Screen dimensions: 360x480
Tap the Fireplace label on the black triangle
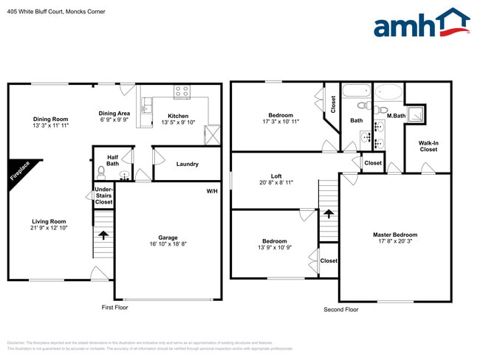click(20, 173)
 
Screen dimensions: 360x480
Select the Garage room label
click(168, 238)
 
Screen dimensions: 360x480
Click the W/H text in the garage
click(212, 192)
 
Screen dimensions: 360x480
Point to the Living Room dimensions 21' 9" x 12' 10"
click(49, 229)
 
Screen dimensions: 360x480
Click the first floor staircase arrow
click(103, 235)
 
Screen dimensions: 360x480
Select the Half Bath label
click(112, 160)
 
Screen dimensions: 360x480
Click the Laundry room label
click(187, 164)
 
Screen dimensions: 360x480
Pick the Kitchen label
click(178, 116)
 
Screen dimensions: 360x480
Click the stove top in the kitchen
click(181, 92)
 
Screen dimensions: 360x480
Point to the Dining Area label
click(114, 114)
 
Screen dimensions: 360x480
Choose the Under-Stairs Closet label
click(103, 195)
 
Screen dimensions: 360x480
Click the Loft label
click(276, 176)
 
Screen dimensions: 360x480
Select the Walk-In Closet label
click(428, 146)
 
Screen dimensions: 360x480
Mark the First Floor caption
click(114, 307)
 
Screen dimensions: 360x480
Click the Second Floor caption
click(340, 309)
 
